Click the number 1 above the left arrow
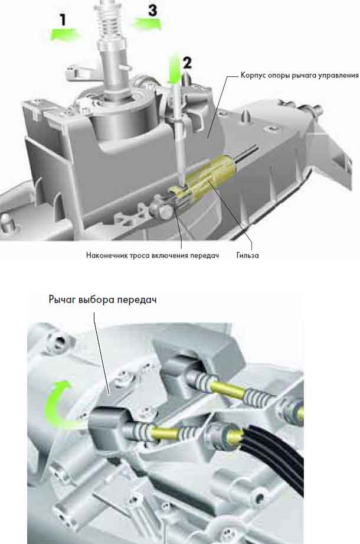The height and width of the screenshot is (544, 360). click(63, 19)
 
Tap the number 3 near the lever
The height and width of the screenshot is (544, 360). click(152, 10)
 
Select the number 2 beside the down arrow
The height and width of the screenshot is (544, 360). click(187, 63)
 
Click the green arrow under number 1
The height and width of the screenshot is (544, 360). click(67, 35)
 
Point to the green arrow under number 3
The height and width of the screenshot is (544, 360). click(146, 24)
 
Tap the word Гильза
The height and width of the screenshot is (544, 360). click(247, 255)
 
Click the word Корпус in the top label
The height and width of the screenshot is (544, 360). click(254, 75)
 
